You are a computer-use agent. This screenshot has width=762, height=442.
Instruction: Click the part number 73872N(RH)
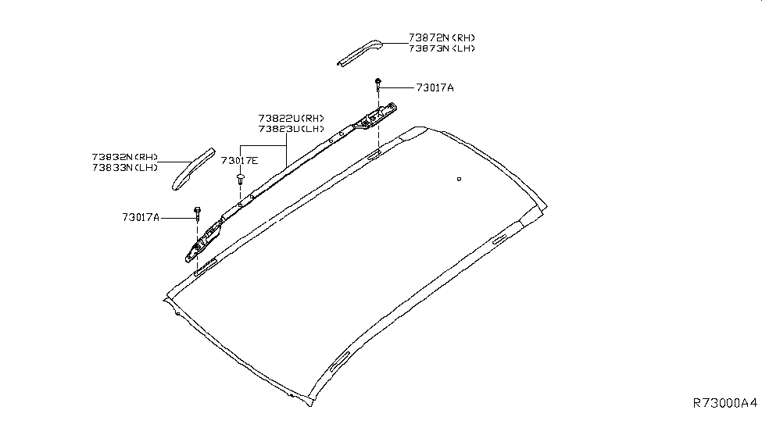point(441,37)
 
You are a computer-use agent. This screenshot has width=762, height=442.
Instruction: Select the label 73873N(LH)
point(441,48)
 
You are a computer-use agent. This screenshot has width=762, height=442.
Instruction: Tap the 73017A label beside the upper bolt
point(435,88)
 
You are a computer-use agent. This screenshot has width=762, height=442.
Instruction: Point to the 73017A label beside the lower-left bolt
point(141,217)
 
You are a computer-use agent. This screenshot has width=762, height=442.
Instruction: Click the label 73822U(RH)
point(291,118)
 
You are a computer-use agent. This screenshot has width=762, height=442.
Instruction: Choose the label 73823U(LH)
point(291,129)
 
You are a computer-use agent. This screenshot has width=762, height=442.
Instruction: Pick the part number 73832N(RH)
point(125,156)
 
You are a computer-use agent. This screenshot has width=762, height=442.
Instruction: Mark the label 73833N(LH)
point(125,167)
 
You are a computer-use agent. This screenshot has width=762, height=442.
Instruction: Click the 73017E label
point(239,161)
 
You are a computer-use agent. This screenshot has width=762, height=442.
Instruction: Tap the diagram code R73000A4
point(725,403)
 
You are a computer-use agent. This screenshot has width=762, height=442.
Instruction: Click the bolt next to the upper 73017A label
point(378,83)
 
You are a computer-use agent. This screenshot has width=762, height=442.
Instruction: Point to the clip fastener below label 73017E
point(239,180)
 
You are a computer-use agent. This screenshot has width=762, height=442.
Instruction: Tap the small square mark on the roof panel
point(458,180)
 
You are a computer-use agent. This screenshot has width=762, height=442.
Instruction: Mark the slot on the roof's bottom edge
point(341,361)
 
